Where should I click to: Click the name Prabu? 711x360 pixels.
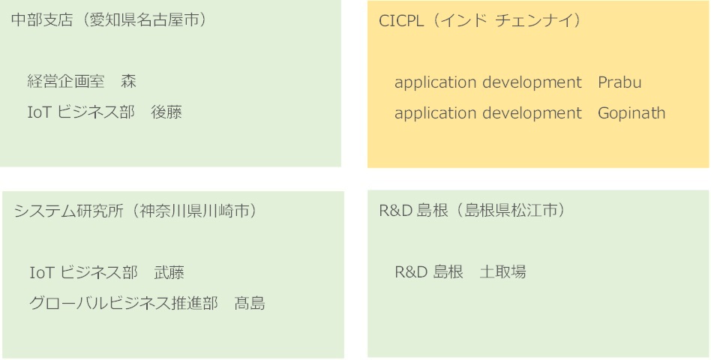(619, 82)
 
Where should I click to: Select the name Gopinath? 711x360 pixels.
(631, 113)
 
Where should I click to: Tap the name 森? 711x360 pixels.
(129, 82)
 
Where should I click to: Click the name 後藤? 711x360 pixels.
(166, 112)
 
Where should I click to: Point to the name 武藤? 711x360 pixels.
(169, 272)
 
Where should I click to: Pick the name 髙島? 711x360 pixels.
(250, 303)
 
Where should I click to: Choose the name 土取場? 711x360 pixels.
(502, 272)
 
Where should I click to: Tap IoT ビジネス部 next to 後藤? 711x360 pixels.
(81, 112)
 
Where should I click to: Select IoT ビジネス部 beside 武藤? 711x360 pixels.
(83, 272)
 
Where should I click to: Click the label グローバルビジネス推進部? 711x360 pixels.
(124, 303)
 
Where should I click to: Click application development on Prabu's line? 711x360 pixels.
(488, 82)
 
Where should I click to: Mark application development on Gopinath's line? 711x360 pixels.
(488, 113)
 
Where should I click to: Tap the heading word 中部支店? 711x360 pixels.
(42, 20)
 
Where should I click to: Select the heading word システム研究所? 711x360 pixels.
(69, 211)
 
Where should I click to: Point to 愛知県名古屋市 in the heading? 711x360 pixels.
(143, 20)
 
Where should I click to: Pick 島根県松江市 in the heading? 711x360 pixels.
(511, 211)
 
